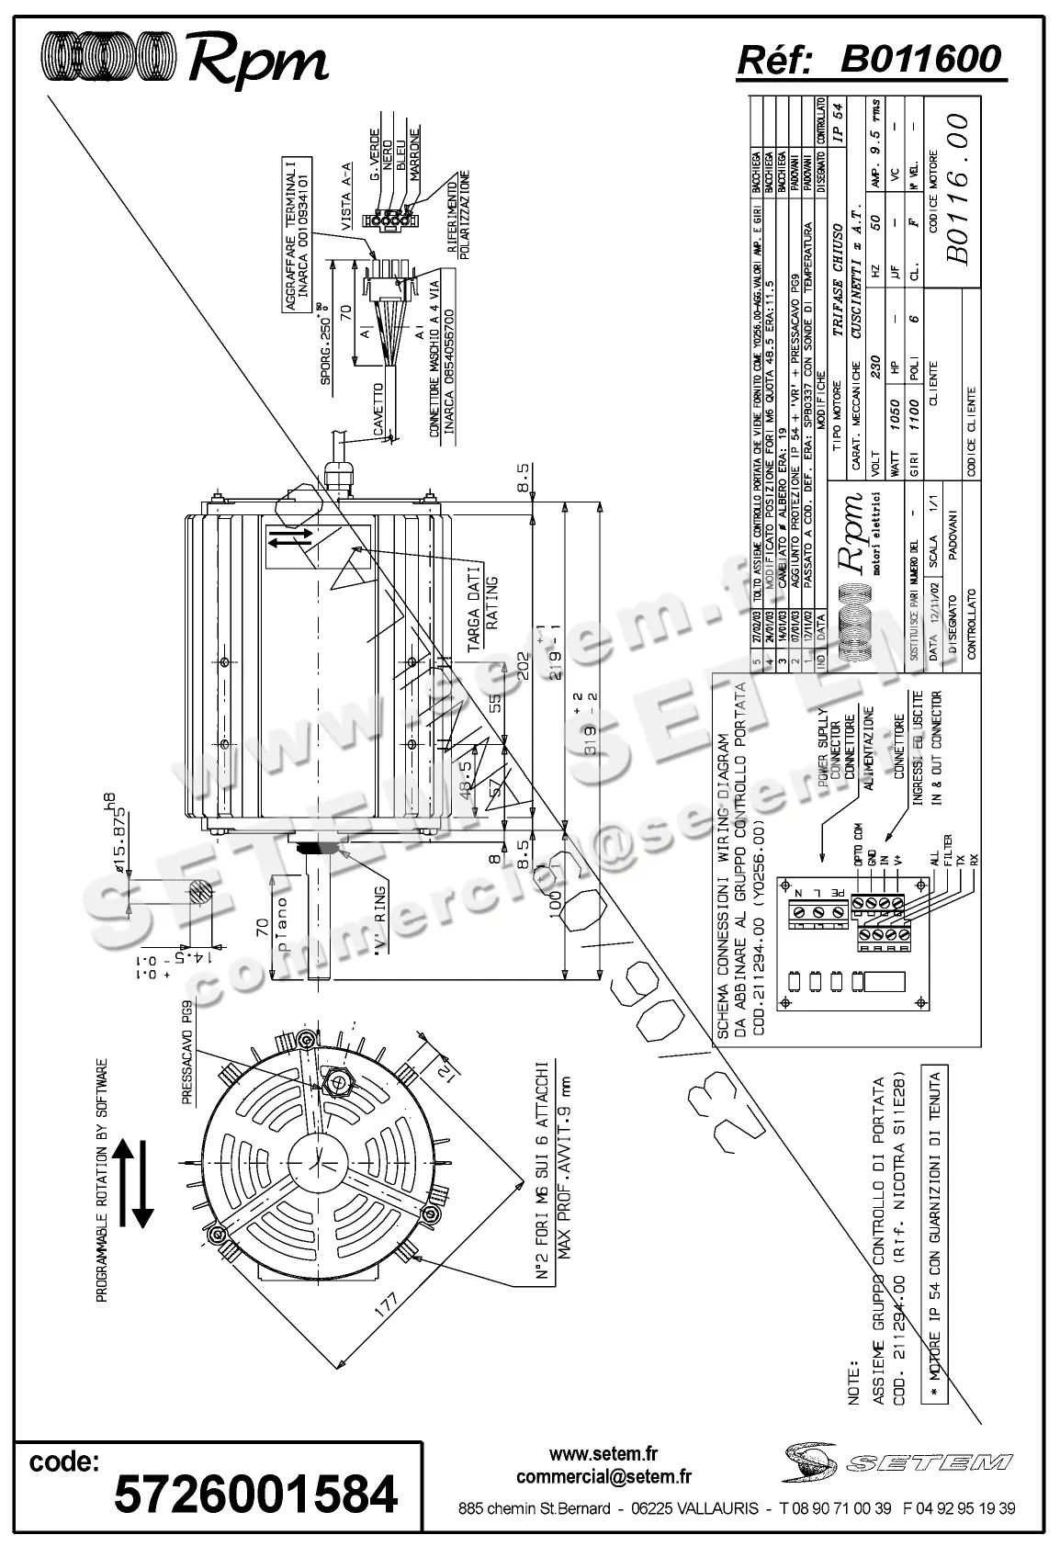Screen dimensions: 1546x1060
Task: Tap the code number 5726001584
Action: [254, 1492]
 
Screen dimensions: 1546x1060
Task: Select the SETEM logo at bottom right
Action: [897, 1460]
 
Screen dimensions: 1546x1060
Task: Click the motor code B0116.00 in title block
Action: [956, 190]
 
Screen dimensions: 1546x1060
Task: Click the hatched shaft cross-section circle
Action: [199, 894]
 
